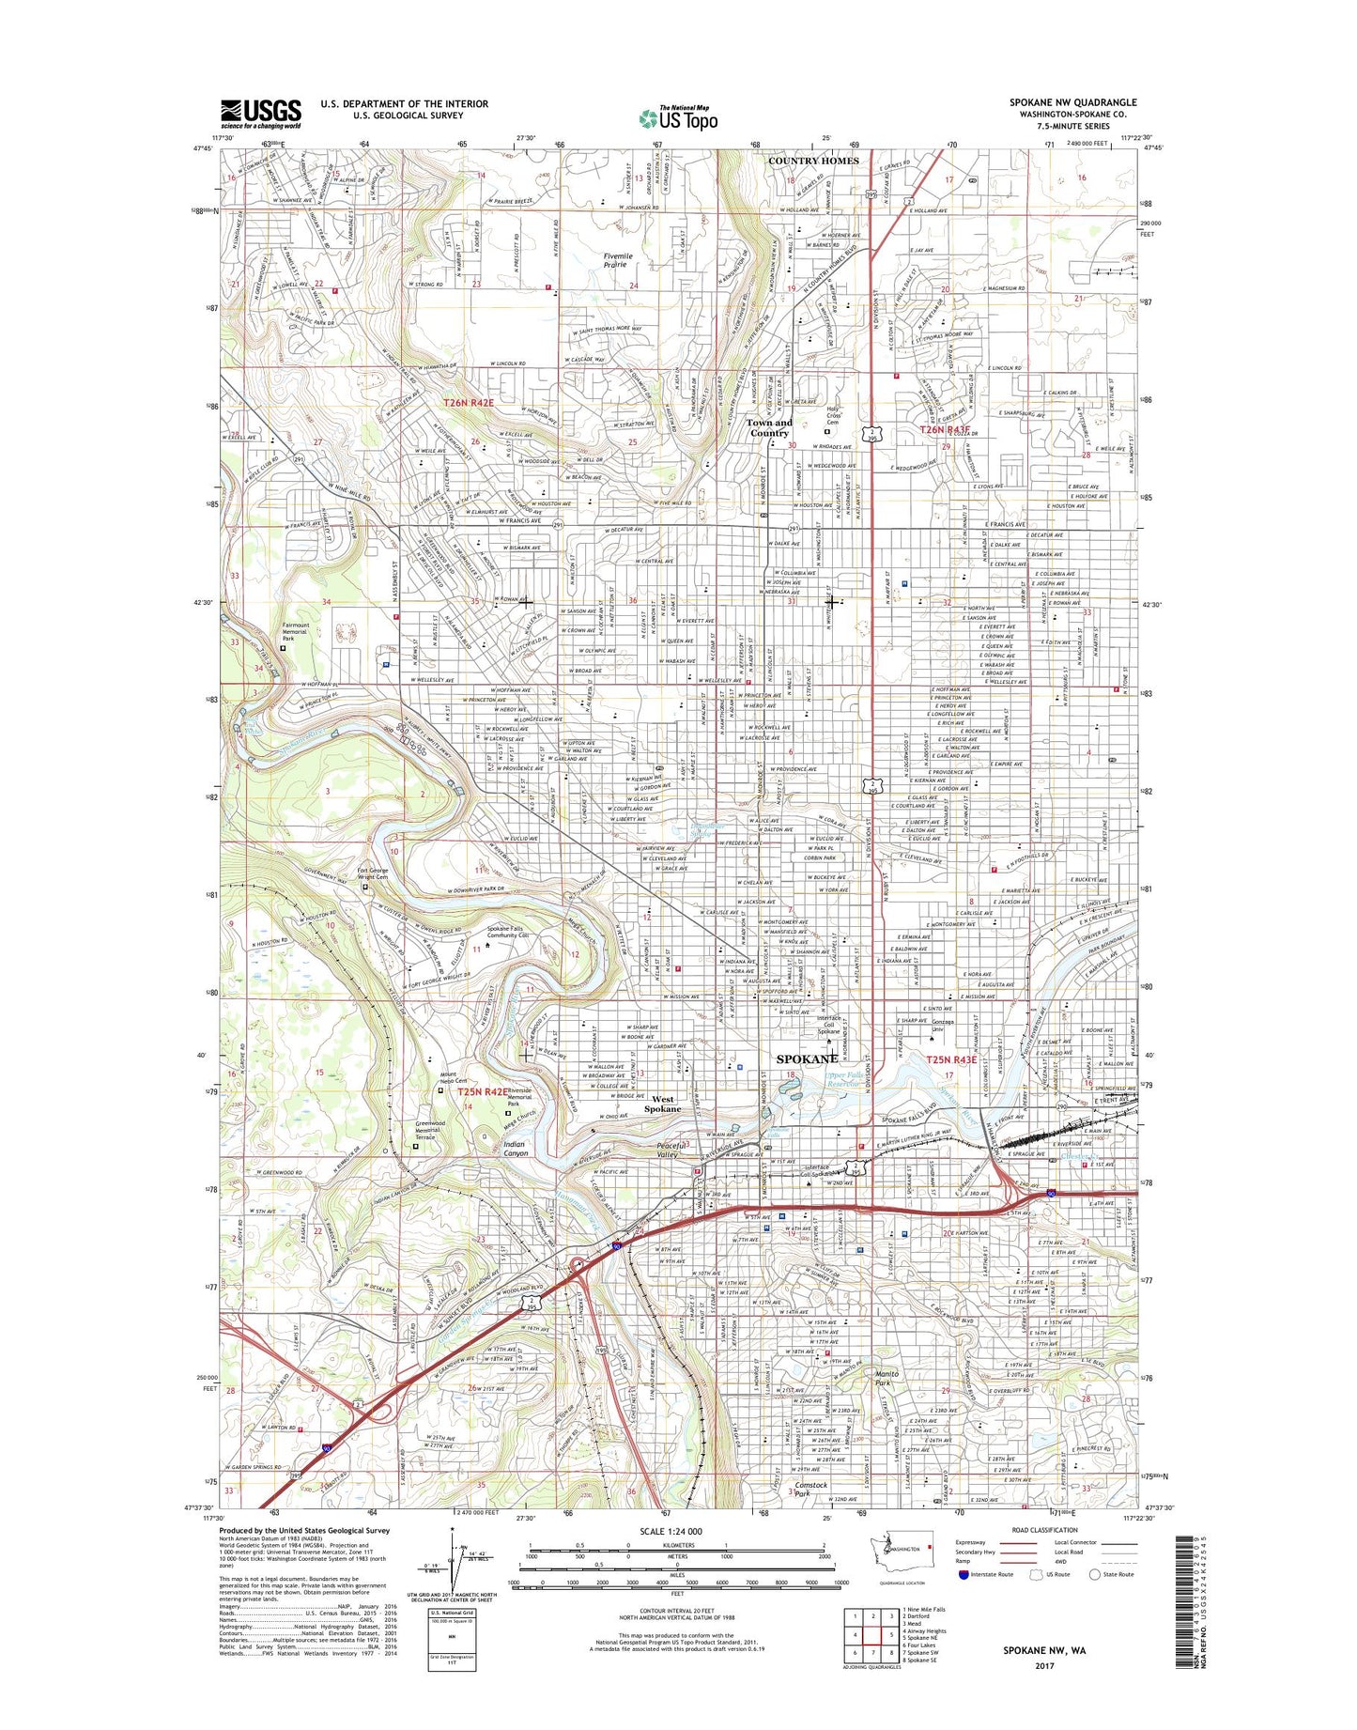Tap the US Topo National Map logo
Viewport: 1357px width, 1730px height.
pos(678,117)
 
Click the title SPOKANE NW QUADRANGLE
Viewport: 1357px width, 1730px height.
pos(1072,102)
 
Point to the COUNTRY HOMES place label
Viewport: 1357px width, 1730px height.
pos(813,161)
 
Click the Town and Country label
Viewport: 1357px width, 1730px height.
pos(768,427)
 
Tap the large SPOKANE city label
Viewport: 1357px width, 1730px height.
pos(808,1058)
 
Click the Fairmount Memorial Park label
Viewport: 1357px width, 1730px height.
pos(301,631)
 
